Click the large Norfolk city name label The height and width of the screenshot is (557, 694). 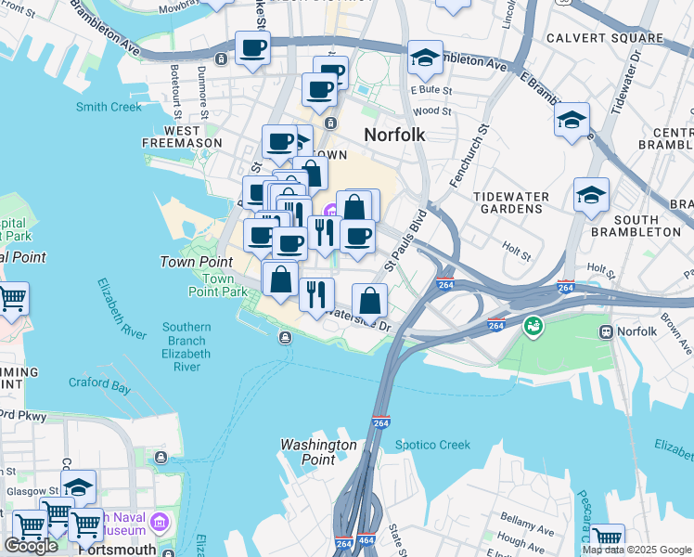(394, 135)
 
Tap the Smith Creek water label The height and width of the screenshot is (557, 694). (109, 107)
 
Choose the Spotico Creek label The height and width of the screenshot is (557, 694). (432, 445)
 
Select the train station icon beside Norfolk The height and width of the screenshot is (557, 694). (606, 331)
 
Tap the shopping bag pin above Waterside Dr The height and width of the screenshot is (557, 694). (369, 299)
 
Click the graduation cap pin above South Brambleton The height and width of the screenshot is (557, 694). (591, 194)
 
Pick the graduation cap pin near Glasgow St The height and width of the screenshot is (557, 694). (79, 486)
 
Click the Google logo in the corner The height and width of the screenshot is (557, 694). (31, 545)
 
